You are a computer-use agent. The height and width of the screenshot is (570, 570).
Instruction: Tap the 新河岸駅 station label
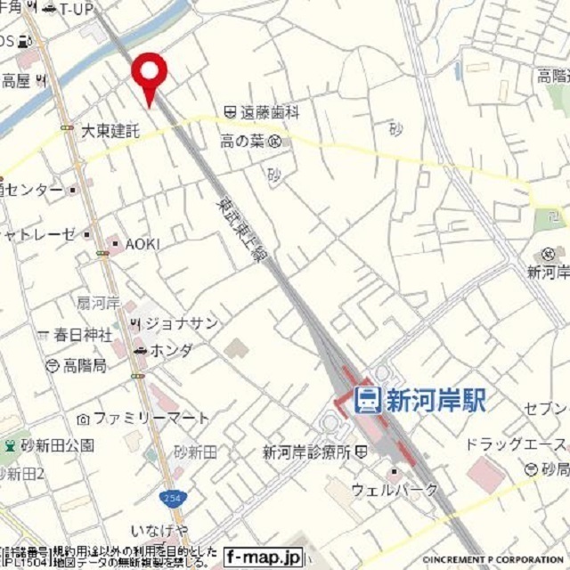click(436, 400)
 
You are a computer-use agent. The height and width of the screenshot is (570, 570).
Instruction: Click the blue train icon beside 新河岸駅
click(367, 400)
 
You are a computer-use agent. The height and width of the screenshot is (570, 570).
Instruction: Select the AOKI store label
click(142, 243)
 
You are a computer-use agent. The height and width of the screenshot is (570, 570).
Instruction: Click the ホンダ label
click(171, 351)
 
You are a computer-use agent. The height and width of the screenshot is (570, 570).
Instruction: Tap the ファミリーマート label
click(151, 417)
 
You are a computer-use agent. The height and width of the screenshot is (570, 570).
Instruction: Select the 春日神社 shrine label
click(82, 335)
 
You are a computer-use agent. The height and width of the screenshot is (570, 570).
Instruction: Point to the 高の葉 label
click(243, 140)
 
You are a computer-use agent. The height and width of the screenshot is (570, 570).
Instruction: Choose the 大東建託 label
click(111, 131)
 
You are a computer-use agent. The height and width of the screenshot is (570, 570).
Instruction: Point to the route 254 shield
click(168, 496)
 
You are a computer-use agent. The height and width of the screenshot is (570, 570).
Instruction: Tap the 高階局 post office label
click(85, 365)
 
